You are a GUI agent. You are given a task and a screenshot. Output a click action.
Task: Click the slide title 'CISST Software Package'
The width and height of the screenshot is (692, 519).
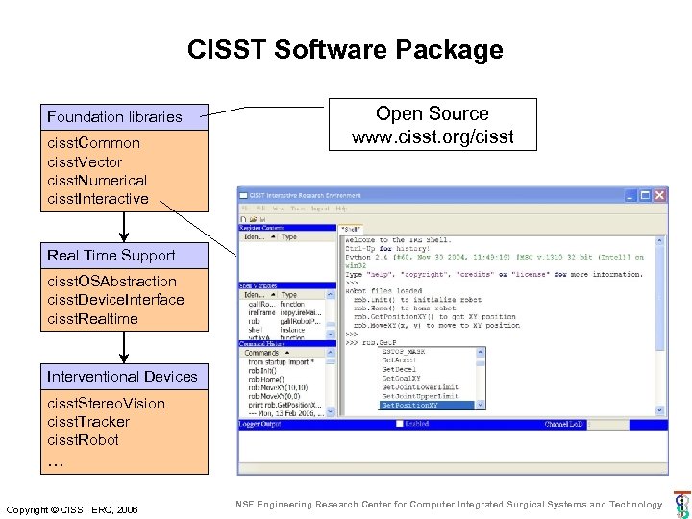(x=345, y=49)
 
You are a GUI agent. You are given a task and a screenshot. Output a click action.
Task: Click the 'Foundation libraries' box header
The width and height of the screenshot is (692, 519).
(x=114, y=117)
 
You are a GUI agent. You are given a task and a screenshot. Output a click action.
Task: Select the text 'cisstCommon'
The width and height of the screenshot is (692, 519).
(x=93, y=143)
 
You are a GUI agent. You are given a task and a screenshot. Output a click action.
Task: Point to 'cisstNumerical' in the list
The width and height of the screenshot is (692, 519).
(x=97, y=181)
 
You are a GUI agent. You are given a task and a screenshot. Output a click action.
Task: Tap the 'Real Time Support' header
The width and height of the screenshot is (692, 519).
(x=111, y=256)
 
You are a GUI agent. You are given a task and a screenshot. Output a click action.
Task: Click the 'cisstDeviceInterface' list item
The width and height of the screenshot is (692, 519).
(x=115, y=300)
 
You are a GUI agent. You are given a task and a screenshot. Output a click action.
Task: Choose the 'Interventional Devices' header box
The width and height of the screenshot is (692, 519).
(x=122, y=377)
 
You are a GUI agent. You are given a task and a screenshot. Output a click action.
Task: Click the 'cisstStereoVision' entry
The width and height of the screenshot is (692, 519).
(x=106, y=404)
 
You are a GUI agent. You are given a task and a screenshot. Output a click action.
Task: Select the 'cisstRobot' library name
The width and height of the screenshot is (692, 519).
(x=83, y=440)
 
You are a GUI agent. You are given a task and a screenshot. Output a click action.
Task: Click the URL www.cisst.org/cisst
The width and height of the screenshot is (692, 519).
(x=432, y=136)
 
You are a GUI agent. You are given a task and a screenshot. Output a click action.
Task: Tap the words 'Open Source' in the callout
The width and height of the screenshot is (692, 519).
(x=432, y=114)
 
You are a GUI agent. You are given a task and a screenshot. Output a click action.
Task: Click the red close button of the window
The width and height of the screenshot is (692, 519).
(x=659, y=195)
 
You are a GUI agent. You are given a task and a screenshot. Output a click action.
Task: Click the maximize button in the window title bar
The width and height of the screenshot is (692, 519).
(x=645, y=195)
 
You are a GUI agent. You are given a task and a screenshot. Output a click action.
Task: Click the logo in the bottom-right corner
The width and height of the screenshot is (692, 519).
(x=680, y=505)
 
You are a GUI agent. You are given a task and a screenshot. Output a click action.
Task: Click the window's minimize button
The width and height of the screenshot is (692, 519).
(x=630, y=195)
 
